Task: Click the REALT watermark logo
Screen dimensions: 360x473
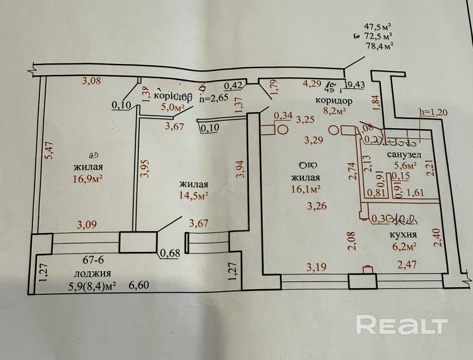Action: [402, 325]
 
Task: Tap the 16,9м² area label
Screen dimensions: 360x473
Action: [88, 180]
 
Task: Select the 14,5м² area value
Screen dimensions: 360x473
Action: [193, 195]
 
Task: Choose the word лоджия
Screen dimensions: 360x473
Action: [93, 273]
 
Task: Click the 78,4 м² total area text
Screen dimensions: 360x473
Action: [380, 46]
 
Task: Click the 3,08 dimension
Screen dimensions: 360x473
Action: [91, 81]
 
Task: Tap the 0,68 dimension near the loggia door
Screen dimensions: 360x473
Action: [170, 252]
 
